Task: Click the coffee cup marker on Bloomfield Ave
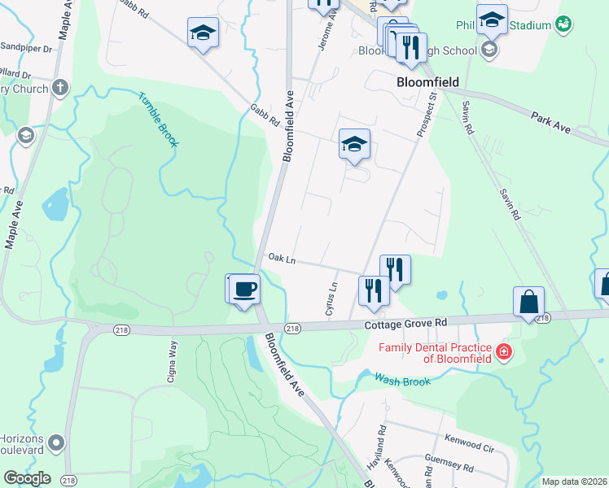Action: tap(245, 289)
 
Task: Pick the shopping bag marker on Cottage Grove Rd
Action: tap(528, 302)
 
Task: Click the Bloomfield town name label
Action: tap(427, 82)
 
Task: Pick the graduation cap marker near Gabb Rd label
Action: tap(204, 33)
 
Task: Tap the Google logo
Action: tap(27, 478)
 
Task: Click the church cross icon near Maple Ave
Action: tap(60, 88)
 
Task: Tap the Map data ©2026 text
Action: tap(573, 481)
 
